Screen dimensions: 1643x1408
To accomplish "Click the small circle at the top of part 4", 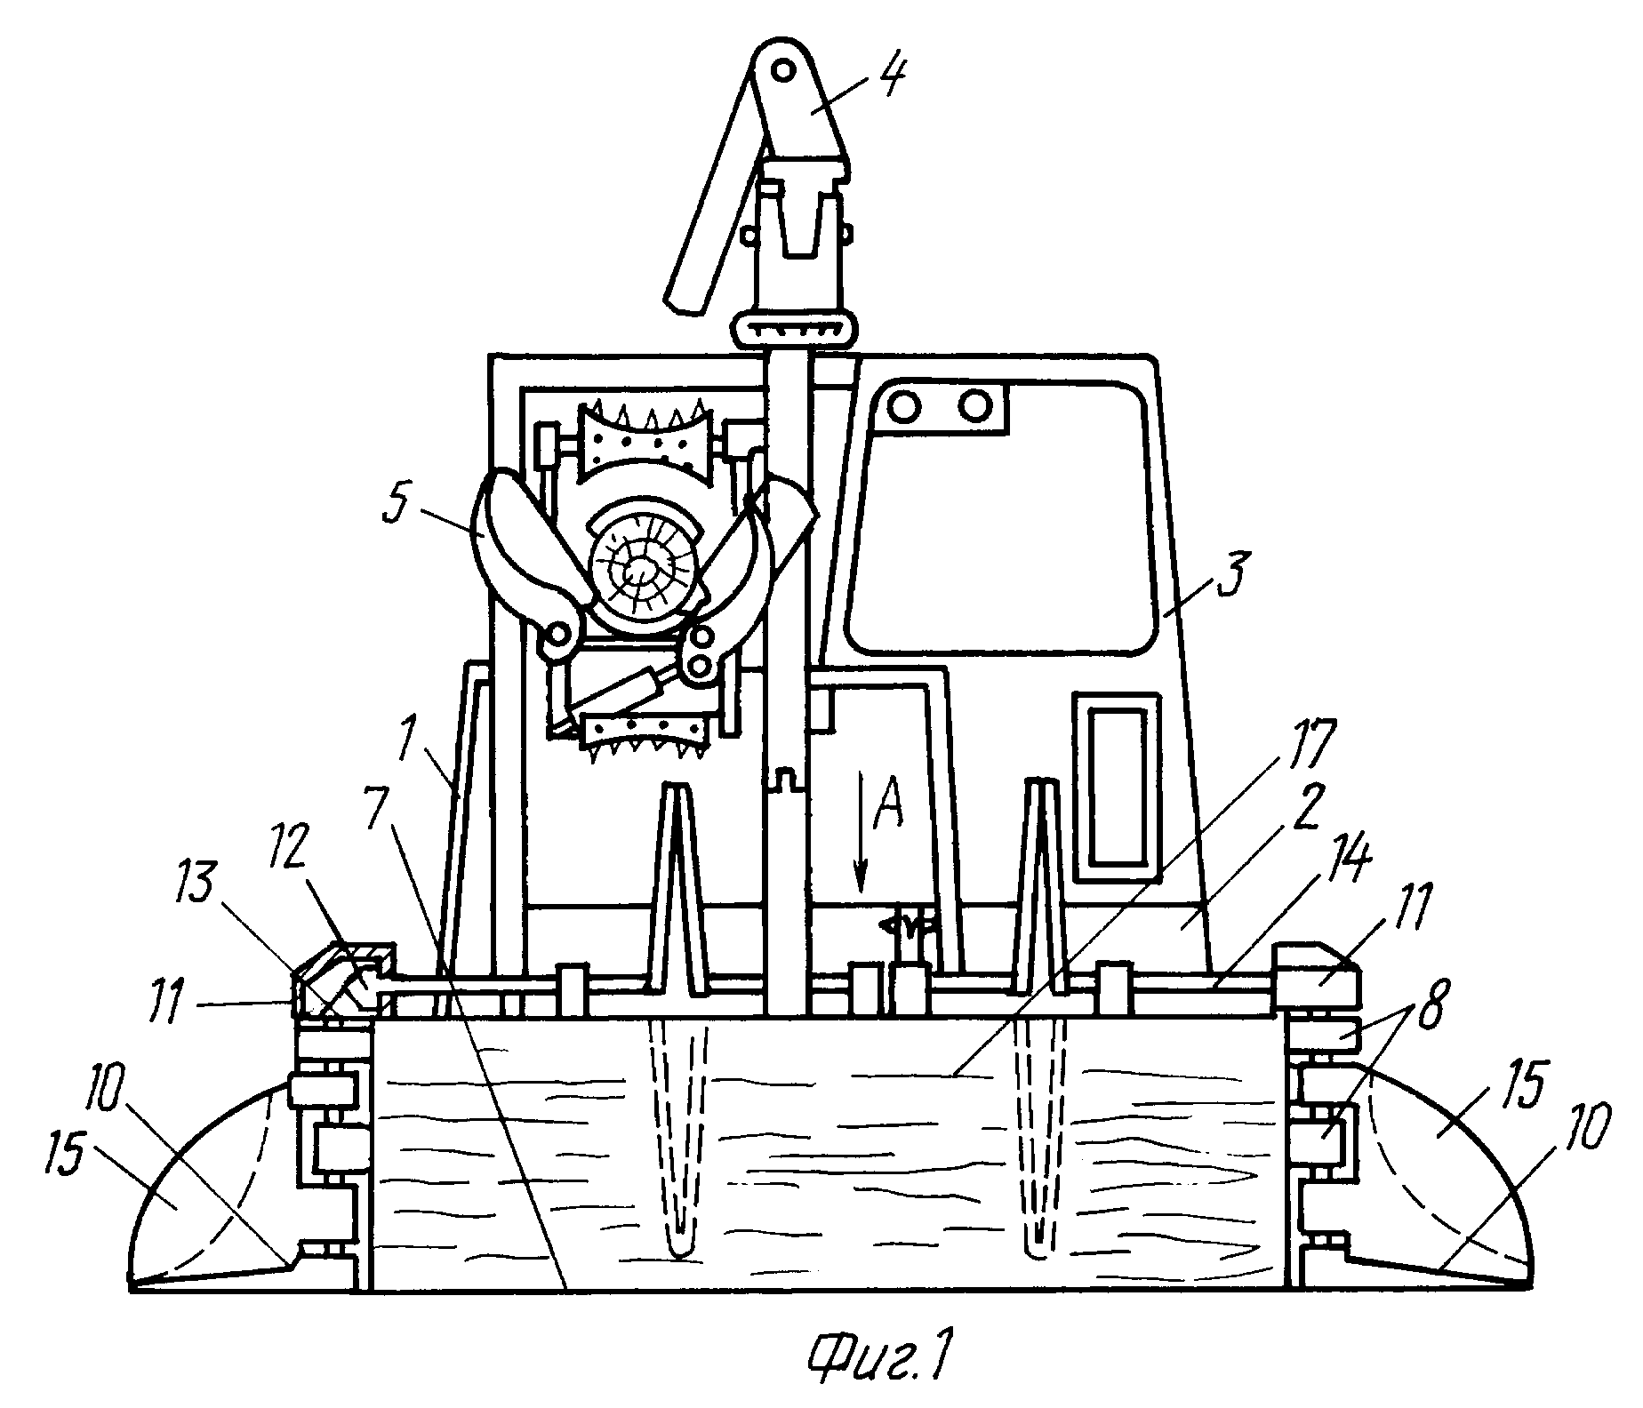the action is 782,68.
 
